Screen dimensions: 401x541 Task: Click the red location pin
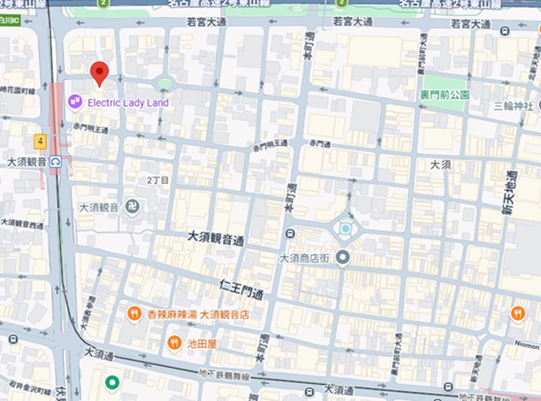[x=99, y=73]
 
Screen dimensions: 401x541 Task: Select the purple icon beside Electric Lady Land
[x=75, y=102]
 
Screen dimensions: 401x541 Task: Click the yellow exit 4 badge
[x=39, y=141]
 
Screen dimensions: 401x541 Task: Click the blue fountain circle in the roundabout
[x=346, y=229]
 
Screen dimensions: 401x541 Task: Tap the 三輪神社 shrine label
[x=513, y=106]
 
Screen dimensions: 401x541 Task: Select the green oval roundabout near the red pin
[x=165, y=83]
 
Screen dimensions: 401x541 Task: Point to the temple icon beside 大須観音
[x=132, y=207]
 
